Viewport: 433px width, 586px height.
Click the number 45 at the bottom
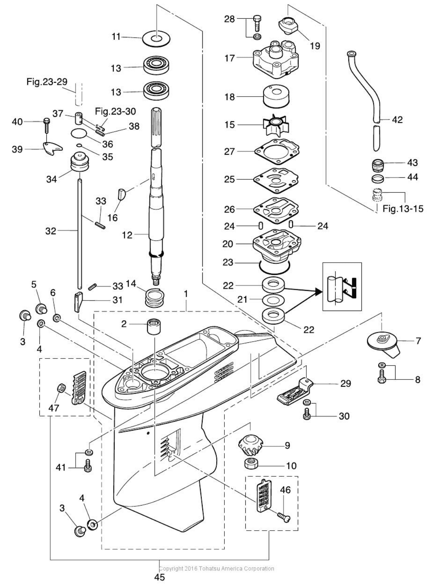tap(160, 577)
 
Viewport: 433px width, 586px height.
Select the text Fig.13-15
tap(403, 208)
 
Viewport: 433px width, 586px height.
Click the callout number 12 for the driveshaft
tap(128, 235)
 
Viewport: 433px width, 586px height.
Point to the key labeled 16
tap(122, 195)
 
